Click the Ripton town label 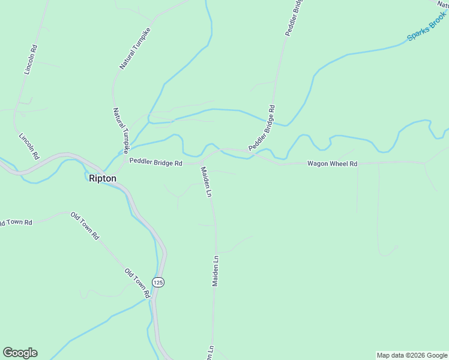[x=102, y=178]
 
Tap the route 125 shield [x=158, y=282]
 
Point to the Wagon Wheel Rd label [x=332, y=163]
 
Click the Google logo [x=20, y=353]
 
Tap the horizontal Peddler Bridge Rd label [x=155, y=163]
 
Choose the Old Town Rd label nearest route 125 [x=137, y=283]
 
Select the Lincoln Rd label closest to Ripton [x=29, y=146]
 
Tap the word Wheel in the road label [x=333, y=163]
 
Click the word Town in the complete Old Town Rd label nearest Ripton [x=85, y=226]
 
